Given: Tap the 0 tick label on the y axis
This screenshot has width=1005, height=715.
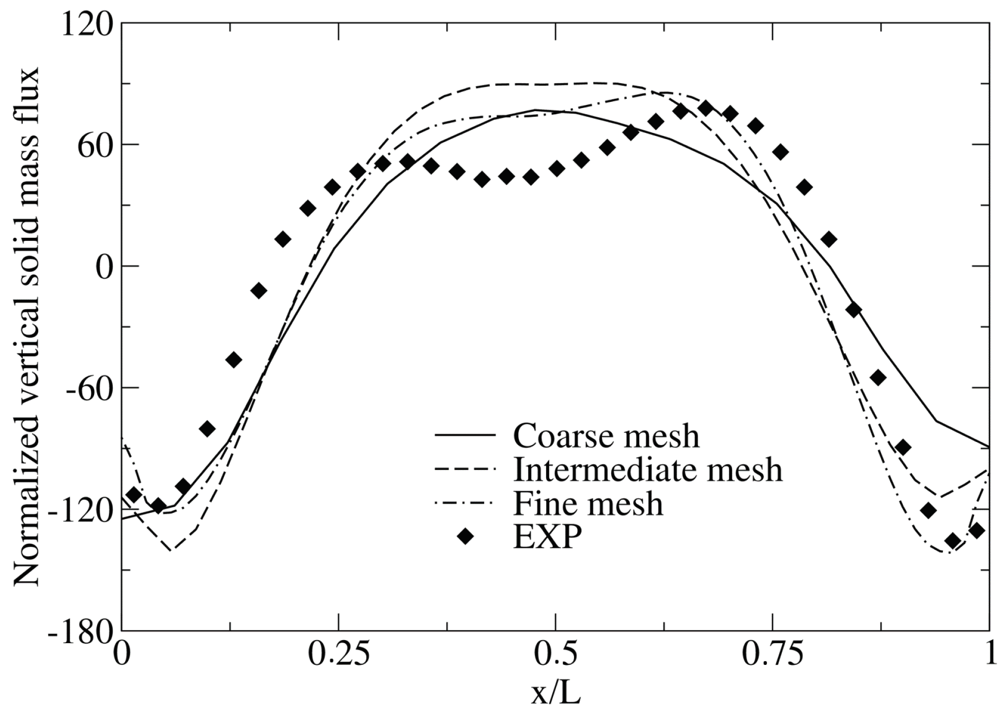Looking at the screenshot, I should [104, 268].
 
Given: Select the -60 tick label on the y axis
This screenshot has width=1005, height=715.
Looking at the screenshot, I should [89, 389].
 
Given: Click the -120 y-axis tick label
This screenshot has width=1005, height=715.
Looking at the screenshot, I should [80, 510].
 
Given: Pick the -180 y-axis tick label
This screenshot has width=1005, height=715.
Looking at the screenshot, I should [80, 632].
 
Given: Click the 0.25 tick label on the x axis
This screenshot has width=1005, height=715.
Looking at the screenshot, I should [338, 655].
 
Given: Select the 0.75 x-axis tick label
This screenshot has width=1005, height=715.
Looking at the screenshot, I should [772, 655].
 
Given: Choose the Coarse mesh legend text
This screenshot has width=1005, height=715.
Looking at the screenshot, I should [606, 435].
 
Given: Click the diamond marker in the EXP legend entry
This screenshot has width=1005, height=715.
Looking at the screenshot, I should [465, 537].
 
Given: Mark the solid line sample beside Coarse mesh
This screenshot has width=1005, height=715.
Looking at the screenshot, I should [465, 435].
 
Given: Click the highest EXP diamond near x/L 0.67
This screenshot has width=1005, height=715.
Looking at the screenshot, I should [705, 108].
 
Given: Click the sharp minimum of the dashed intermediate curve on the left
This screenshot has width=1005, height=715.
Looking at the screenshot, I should [171, 551].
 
